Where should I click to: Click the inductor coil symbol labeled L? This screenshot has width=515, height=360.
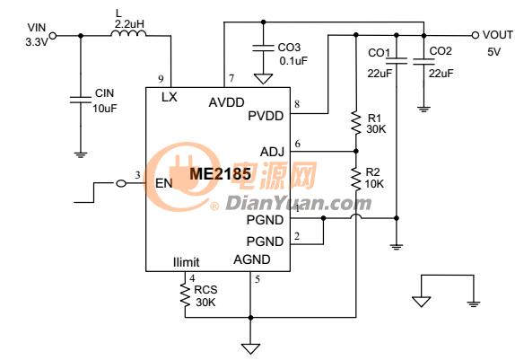(x=128, y=33)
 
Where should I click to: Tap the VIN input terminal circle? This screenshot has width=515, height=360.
(x=53, y=36)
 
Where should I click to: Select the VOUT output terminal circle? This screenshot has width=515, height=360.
(x=475, y=35)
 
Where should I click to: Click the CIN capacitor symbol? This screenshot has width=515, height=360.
(x=81, y=100)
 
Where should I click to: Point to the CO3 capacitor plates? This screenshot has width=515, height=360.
(x=263, y=48)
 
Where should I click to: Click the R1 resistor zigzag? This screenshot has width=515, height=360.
(x=356, y=123)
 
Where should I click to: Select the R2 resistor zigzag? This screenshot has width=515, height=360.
(x=356, y=180)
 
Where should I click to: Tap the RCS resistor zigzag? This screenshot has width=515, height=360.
(x=185, y=295)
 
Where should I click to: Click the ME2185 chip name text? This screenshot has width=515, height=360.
(x=220, y=174)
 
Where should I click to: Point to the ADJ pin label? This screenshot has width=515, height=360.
(x=272, y=152)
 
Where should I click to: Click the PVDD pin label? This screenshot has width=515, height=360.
(x=266, y=116)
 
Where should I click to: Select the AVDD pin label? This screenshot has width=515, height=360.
(x=227, y=102)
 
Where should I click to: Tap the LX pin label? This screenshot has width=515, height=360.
(x=170, y=97)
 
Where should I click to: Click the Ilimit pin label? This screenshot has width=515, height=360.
(x=187, y=262)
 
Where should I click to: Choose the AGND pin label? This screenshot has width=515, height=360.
(x=252, y=259)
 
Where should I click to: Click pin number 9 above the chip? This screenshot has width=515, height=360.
(x=161, y=79)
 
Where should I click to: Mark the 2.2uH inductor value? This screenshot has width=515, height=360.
(x=129, y=24)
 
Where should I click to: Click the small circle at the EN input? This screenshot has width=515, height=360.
(x=121, y=183)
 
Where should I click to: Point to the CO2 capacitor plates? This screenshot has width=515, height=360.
(x=423, y=61)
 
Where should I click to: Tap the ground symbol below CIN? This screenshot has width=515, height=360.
(x=81, y=154)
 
